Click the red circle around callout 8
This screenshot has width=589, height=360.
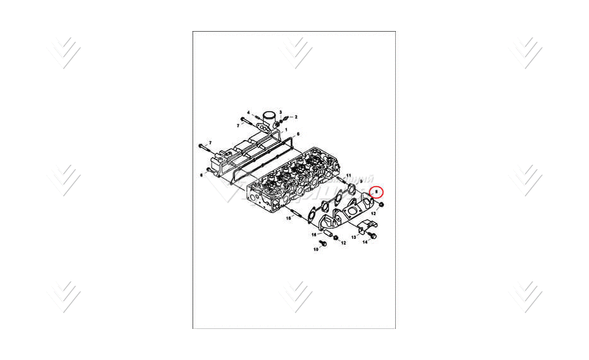[376, 190]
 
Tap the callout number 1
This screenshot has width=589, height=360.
[286, 129]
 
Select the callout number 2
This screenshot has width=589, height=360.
[281, 112]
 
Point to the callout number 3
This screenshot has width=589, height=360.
[248, 112]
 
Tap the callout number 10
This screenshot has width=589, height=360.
[316, 250]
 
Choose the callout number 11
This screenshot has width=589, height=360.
[348, 174]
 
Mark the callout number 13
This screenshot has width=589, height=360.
[353, 237]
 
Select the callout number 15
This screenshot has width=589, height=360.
[288, 218]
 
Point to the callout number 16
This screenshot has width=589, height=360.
[313, 235]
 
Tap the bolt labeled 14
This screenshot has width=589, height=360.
[372, 235]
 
